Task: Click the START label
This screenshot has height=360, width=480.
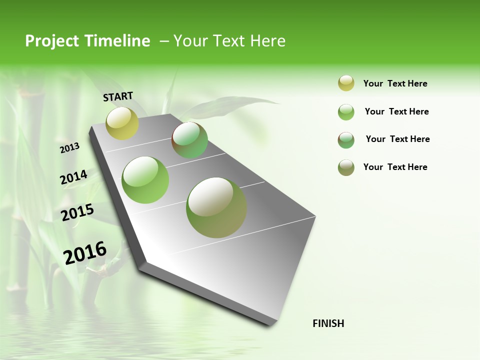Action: [x=118, y=96]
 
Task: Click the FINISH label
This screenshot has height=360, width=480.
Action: [x=328, y=323]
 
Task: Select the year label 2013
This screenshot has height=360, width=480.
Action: [x=69, y=148]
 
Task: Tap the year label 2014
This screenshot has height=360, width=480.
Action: [x=73, y=177]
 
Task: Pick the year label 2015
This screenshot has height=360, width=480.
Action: [x=77, y=212]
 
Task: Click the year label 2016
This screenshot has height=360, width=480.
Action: [x=85, y=253]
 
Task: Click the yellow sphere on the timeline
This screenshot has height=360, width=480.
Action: [x=122, y=123]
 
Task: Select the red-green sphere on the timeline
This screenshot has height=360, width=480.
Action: [x=189, y=140]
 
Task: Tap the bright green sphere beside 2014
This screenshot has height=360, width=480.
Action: [x=145, y=179]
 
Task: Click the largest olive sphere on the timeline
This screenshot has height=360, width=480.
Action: [x=216, y=207]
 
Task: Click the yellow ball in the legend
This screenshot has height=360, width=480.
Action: [x=346, y=83]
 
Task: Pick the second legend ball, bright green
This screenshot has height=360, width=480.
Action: [x=346, y=112]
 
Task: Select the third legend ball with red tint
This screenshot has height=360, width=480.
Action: [x=346, y=139]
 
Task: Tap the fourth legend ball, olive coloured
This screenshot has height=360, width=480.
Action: [x=346, y=167]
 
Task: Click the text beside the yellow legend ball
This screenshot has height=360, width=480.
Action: [x=395, y=83]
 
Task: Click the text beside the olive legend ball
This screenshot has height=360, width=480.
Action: [x=395, y=167]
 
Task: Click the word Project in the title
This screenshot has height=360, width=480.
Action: [x=52, y=41]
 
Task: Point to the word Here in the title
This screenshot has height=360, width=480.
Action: [x=267, y=41]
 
